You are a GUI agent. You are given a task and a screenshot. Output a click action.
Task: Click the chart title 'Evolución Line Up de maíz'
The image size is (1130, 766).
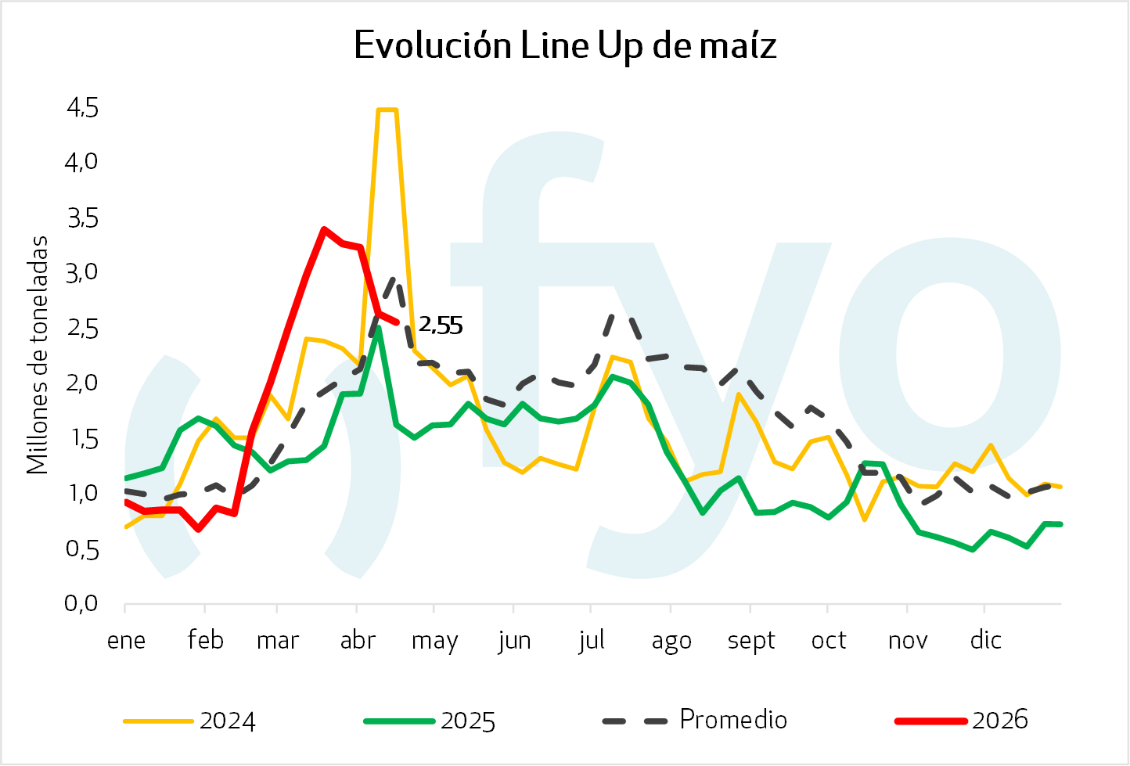point(565,45)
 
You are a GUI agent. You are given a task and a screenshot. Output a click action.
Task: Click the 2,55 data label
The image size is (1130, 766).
point(441,325)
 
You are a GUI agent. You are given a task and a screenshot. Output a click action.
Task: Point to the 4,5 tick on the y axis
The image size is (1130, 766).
point(82,108)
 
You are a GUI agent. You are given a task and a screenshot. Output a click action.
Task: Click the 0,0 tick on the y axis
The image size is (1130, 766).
point(82,603)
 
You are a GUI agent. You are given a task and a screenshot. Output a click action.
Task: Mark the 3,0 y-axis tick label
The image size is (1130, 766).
point(82,273)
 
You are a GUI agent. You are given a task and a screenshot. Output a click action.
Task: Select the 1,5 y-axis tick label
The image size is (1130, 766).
point(82,438)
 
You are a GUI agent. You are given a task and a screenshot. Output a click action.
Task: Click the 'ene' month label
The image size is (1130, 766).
point(127,640)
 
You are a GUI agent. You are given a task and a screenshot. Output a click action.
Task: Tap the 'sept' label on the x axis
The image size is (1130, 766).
point(751,641)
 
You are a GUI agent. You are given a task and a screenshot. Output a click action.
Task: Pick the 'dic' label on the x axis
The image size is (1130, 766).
point(985,640)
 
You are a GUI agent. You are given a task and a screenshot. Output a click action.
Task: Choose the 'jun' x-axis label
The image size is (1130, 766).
point(514,641)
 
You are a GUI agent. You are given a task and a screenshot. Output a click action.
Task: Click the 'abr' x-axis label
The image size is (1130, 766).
point(358,641)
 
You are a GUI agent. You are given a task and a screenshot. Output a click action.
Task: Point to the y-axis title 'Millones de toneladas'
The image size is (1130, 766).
point(38,355)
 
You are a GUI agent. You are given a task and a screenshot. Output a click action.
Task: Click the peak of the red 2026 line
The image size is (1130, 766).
point(324,230)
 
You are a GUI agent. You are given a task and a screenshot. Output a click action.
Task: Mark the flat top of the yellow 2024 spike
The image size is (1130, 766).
point(387,110)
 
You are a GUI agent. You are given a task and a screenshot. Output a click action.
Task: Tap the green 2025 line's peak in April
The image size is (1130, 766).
point(378,329)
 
